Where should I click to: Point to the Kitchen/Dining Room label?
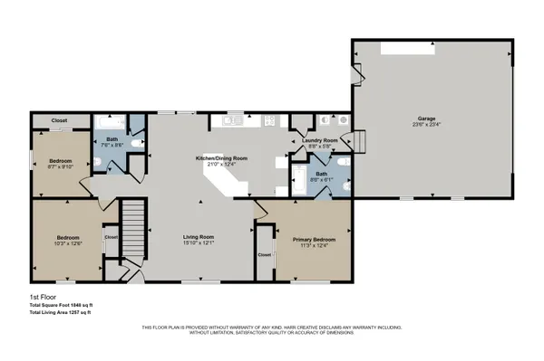[x=222, y=157]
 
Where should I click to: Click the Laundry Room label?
[x=320, y=140]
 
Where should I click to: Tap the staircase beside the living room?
[x=133, y=227]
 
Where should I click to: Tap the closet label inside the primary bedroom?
[x=265, y=255]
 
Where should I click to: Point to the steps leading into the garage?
[x=358, y=142]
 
